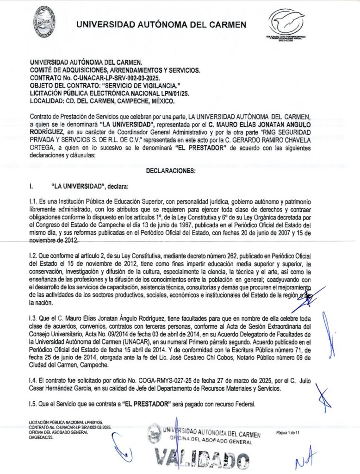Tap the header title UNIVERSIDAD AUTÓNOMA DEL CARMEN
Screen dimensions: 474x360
coord(161,25)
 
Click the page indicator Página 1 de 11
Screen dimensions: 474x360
coord(288,432)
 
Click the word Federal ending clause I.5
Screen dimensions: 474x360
coord(244,404)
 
